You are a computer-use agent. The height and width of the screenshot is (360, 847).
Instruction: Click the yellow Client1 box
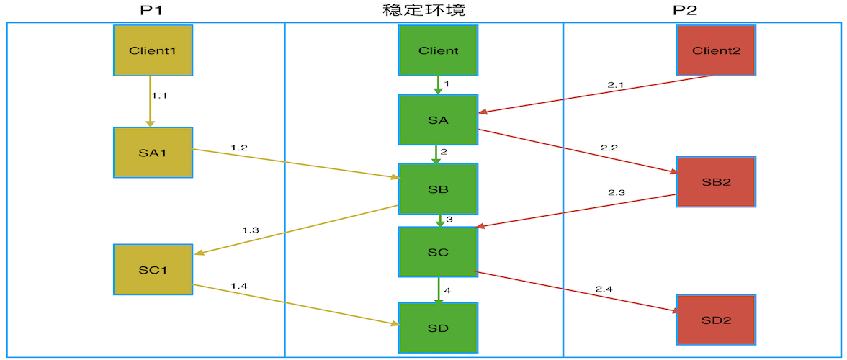click(x=153, y=50)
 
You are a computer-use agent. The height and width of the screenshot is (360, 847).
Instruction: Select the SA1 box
click(x=153, y=153)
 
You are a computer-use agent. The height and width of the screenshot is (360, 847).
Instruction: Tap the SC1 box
click(x=153, y=269)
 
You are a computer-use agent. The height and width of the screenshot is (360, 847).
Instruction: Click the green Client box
click(x=438, y=50)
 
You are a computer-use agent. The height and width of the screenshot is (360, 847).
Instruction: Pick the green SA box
click(x=438, y=120)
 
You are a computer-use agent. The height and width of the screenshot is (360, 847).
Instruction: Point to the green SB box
click(x=438, y=189)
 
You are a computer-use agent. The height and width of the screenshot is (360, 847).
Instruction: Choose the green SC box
click(x=438, y=252)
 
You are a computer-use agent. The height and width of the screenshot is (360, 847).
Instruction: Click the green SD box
click(x=438, y=328)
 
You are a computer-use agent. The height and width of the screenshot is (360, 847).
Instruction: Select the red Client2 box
click(x=716, y=50)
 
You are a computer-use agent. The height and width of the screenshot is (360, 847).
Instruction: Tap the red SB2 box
click(x=716, y=181)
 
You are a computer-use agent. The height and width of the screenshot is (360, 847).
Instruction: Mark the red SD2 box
click(x=716, y=320)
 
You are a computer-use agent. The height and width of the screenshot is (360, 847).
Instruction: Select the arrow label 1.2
click(x=239, y=148)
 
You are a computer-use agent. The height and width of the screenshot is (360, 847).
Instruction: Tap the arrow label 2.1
click(x=616, y=85)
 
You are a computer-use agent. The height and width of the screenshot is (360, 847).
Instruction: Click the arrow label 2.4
click(x=604, y=289)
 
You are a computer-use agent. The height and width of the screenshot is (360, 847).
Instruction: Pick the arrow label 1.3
click(x=250, y=230)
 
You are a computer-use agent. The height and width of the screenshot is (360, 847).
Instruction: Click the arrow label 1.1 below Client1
click(x=159, y=95)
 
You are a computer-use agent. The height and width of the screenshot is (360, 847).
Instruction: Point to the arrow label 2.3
click(x=616, y=193)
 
